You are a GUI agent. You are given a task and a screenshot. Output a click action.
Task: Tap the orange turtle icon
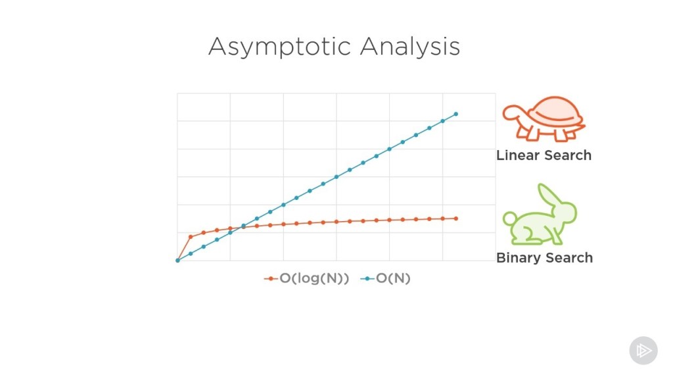[544, 119]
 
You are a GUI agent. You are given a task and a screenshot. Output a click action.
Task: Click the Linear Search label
[544, 156]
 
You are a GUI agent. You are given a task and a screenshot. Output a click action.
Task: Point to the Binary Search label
[544, 258]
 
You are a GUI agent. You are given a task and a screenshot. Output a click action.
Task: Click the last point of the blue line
[455, 114]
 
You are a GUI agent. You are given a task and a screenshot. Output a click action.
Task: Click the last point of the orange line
[455, 218]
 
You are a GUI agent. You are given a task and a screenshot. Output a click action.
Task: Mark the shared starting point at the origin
[177, 261]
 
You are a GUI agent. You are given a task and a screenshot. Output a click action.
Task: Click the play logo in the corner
[643, 351]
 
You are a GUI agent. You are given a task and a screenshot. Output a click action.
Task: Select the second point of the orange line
[191, 237]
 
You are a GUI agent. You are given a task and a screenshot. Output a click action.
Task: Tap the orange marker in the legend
[271, 278]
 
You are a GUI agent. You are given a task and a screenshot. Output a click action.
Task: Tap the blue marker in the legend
[367, 278]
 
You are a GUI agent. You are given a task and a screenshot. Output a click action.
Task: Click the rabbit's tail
[507, 218]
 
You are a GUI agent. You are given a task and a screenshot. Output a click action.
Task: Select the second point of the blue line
[191, 253]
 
